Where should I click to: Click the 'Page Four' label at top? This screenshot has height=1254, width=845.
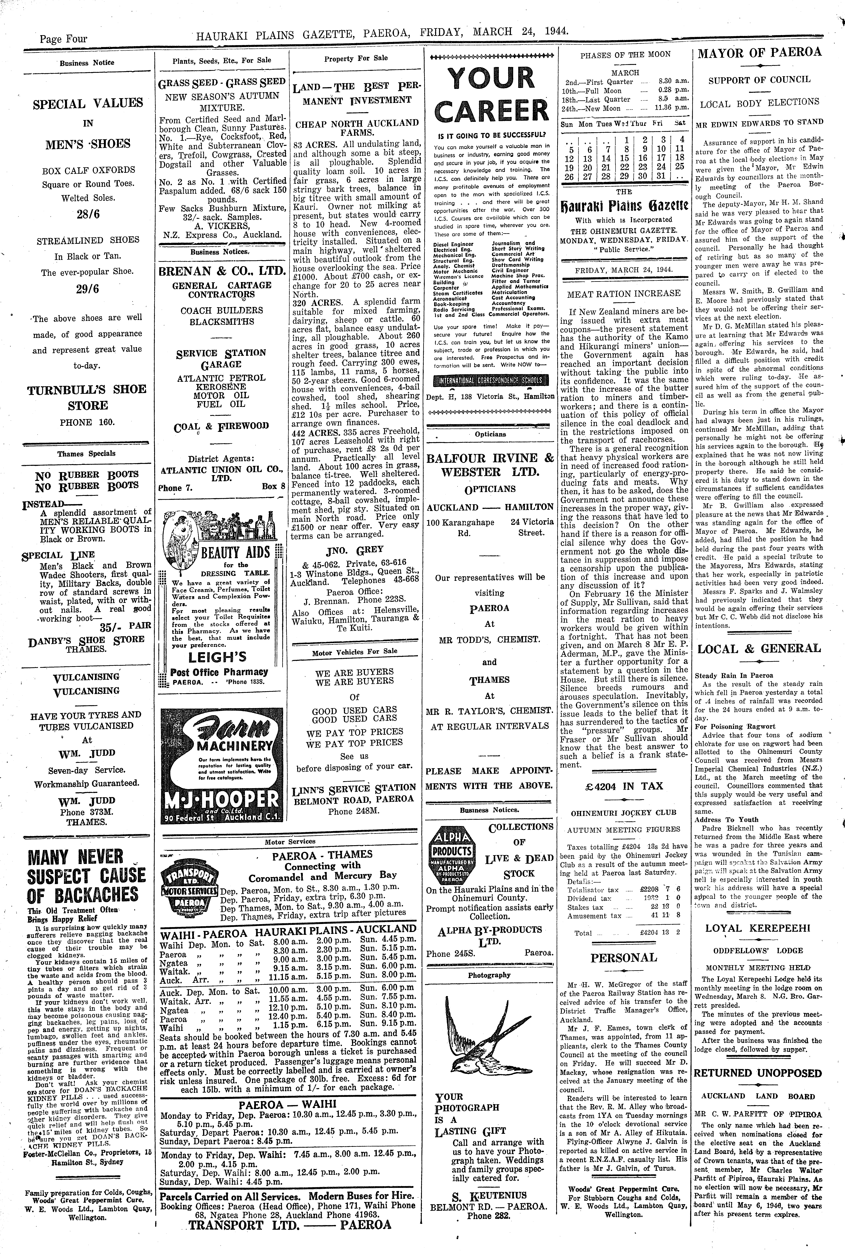point(63,39)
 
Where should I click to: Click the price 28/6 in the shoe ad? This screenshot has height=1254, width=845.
point(88,214)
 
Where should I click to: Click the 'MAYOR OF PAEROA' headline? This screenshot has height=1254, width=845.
point(759,52)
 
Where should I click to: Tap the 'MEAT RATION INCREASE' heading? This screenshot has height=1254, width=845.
point(623,293)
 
